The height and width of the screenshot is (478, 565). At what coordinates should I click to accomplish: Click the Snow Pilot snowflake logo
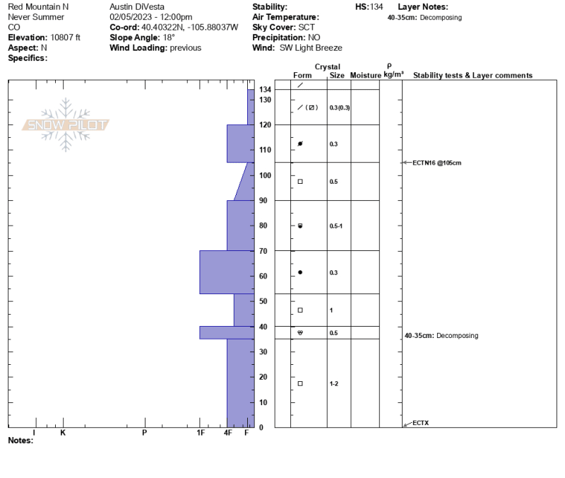[x=66, y=125]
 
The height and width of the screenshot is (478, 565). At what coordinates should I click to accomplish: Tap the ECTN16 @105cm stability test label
[x=436, y=163]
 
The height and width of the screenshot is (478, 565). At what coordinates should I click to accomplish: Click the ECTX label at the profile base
[x=420, y=423]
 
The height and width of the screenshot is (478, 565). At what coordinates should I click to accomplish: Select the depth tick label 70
[x=263, y=251]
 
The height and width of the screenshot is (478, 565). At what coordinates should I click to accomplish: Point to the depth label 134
[x=266, y=90]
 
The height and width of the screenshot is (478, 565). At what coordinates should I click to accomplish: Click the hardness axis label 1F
[x=201, y=433]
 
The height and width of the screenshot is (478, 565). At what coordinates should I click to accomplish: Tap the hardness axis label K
[x=63, y=433]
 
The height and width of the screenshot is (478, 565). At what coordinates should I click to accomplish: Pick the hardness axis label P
[x=145, y=433]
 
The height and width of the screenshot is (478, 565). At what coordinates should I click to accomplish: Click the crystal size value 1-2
[x=334, y=383]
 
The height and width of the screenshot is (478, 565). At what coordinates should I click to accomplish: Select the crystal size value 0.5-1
[x=336, y=226]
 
